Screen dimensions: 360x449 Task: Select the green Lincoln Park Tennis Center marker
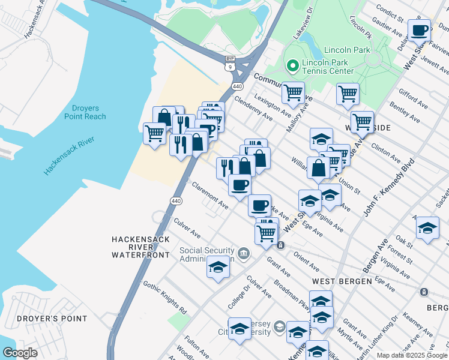point(293,65)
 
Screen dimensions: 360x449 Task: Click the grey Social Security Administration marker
point(244,254)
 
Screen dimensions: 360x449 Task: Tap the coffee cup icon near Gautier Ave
point(420,29)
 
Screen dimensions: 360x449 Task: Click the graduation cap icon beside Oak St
point(427,228)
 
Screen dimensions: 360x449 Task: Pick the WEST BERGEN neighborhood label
point(336,281)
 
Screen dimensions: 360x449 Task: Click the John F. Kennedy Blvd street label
point(389,188)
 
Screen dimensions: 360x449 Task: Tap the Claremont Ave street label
point(210,196)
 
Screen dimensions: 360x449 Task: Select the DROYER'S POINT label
point(52,319)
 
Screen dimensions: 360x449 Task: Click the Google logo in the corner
point(20,353)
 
